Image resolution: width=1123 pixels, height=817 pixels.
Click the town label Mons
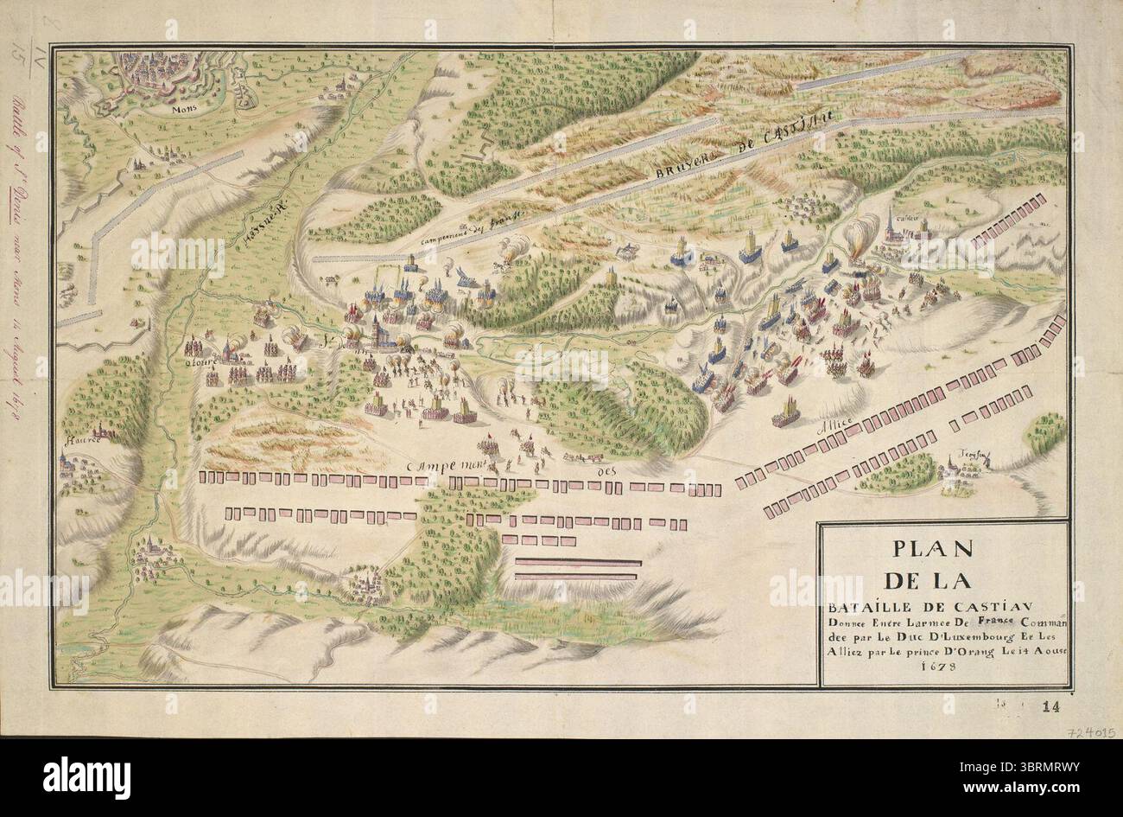coord(182,111)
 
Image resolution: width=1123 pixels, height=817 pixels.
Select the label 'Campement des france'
coord(461,233)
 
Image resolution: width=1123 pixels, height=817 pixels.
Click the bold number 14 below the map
coord(1050,706)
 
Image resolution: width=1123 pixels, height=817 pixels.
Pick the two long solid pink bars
coord(576,569)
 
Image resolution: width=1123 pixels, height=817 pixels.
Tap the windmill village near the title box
coord(960,471)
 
